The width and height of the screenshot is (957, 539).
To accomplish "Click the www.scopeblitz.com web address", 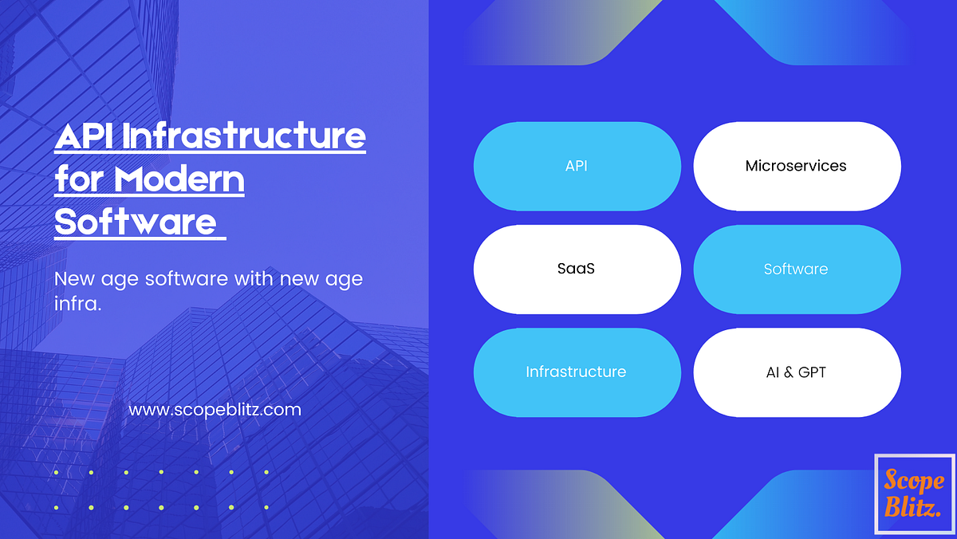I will pos(215,410).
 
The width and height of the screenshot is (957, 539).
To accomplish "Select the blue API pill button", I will pos(577,166).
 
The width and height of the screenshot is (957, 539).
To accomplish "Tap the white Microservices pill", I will pos(797,166).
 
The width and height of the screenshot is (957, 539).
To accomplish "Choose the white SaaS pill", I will pos(577,269).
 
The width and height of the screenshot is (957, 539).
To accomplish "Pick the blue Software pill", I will pos(797,269).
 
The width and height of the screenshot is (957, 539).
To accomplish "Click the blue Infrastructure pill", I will pos(577,372).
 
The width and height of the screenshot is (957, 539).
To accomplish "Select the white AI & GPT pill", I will pos(797,372).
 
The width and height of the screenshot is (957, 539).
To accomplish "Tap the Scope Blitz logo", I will pos(914,494).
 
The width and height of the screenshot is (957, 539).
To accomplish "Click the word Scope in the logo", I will pos(914,481).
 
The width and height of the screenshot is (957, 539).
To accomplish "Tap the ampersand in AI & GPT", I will pos(789,372).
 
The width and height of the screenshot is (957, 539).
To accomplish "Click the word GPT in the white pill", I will pos(811,372).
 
